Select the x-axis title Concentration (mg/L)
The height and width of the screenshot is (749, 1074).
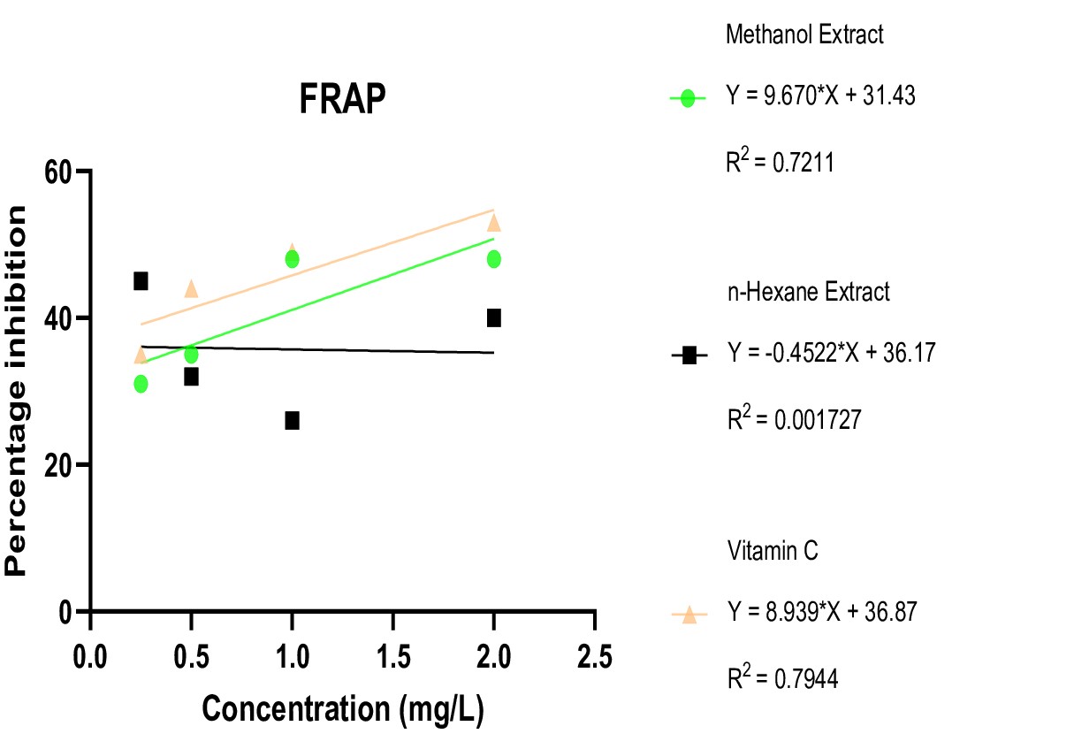343,710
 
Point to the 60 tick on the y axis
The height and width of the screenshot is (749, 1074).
58,171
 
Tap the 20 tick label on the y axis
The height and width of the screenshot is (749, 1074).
58,465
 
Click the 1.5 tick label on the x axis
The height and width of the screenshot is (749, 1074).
392,658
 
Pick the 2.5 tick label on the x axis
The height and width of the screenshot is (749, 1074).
594,658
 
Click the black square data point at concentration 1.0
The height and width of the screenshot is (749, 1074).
292,420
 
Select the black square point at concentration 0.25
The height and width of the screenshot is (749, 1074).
141,281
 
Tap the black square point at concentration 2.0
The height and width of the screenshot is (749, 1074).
493,317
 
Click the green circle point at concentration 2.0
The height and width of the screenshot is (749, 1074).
493,259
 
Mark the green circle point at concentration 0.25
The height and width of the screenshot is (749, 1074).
141,384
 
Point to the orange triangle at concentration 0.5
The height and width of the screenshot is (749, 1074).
191,288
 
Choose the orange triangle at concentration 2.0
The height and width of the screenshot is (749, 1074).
493,222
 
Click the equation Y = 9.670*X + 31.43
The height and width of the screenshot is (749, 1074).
820,96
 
